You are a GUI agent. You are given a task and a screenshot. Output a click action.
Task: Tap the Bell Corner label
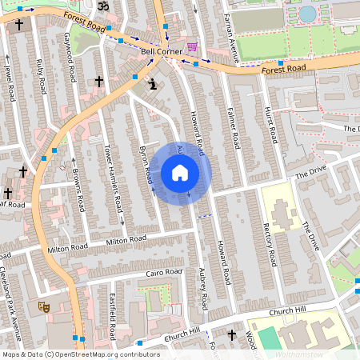pyautogui.click(x=162, y=52)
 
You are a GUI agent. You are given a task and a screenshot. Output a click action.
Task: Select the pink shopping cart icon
pyautogui.click(x=191, y=46)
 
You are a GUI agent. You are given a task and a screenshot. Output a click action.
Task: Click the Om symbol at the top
pyautogui.click(x=102, y=6)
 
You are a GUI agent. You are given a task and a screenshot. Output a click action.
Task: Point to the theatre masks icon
pyautogui.click(x=42, y=306)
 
